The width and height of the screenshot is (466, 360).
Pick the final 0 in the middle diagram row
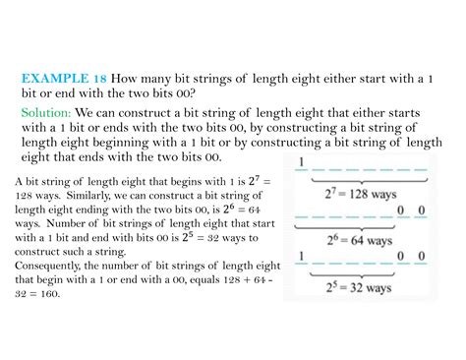click(x=421, y=210)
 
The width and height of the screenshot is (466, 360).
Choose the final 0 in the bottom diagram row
click(x=421, y=256)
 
